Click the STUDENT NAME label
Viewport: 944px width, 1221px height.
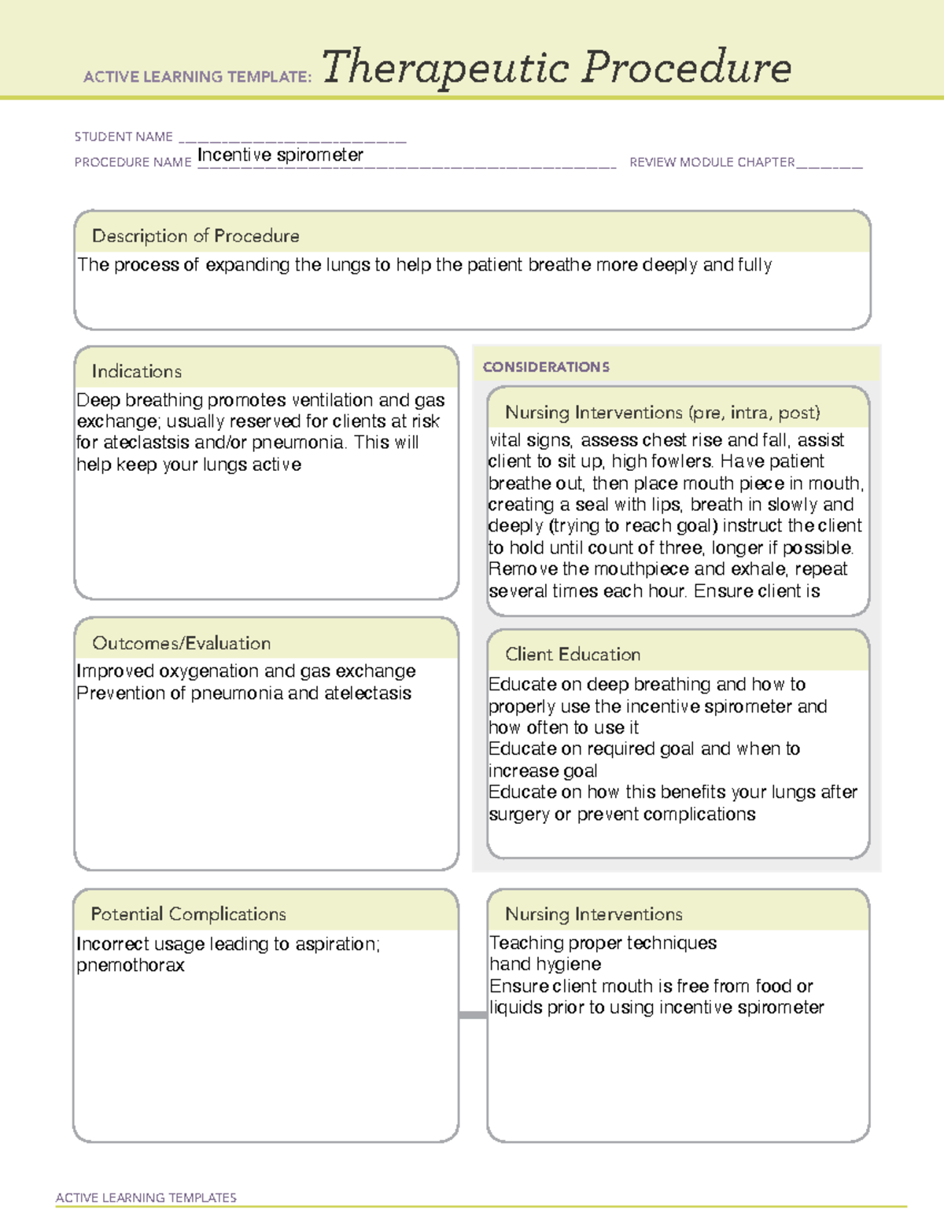[124, 137]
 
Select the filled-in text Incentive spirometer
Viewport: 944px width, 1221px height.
[280, 155]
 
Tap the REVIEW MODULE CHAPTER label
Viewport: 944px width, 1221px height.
[711, 162]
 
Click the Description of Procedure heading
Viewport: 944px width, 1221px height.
[195, 236]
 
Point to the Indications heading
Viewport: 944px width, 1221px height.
[136, 371]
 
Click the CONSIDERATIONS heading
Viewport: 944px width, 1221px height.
[546, 367]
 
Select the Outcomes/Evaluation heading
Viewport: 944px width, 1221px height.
[181, 643]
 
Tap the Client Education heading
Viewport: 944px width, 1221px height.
[572, 654]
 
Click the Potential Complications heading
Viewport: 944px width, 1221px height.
[188, 914]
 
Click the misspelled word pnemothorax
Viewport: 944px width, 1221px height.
[131, 965]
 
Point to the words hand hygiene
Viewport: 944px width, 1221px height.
[545, 964]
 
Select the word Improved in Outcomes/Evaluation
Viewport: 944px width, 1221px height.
[115, 671]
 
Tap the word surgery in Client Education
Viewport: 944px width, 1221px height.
[518, 815]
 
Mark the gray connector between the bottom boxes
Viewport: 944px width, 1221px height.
[472, 1015]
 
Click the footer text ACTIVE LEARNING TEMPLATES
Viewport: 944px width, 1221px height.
[146, 1197]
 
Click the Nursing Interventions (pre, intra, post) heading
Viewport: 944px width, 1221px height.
[662, 413]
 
